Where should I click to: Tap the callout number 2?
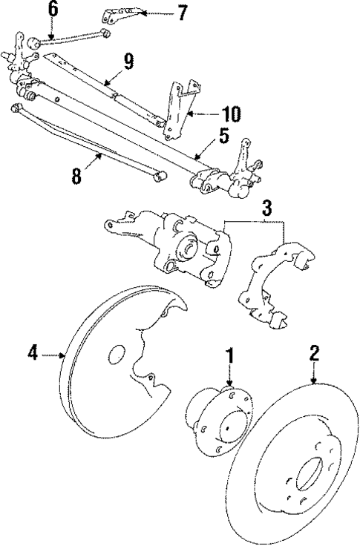[315, 353]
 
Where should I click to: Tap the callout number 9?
[129, 61]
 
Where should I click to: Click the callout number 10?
[232, 114]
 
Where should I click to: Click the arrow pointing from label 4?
[53, 355]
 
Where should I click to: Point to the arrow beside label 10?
[203, 114]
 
